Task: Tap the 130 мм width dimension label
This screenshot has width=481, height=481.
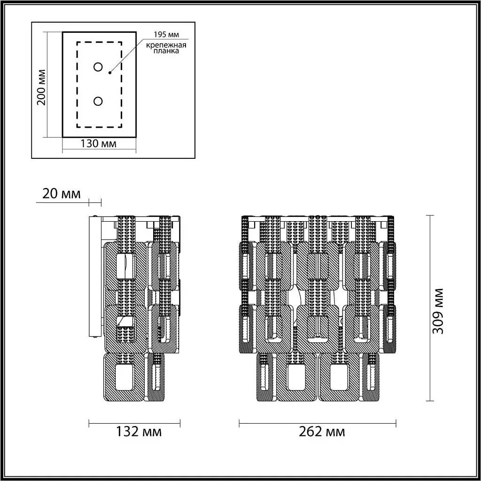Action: point(99,144)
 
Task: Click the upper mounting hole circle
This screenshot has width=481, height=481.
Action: point(98,67)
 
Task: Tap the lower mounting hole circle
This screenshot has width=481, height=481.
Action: point(98,101)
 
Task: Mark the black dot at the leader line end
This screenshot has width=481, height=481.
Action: point(109,72)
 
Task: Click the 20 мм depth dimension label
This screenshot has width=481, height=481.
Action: point(61,194)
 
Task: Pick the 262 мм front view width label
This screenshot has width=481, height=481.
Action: point(322,431)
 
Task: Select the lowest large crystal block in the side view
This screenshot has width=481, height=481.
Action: point(124,377)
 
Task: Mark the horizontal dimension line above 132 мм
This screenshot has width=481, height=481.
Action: point(134,422)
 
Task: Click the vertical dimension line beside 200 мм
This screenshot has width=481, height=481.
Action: point(48,85)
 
